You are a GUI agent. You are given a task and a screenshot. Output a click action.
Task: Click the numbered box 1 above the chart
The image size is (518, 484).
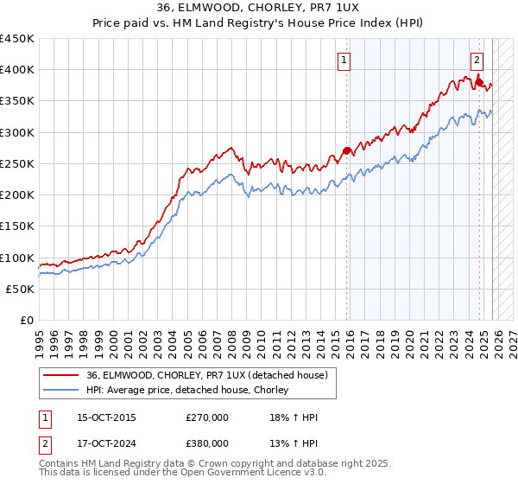tap(344, 60)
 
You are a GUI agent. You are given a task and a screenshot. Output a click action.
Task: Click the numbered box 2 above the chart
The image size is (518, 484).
tap(477, 60)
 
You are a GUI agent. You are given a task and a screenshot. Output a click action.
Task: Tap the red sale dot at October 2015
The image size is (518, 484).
tap(346, 150)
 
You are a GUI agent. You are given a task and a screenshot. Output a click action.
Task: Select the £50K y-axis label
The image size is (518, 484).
tap(21, 289)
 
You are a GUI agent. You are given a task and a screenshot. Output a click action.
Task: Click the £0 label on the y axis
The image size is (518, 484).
tap(27, 321)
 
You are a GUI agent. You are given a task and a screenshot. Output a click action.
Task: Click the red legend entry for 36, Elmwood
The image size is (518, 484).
tap(206, 375)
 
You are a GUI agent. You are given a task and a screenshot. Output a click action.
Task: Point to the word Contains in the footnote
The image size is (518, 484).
tap(60, 464)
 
